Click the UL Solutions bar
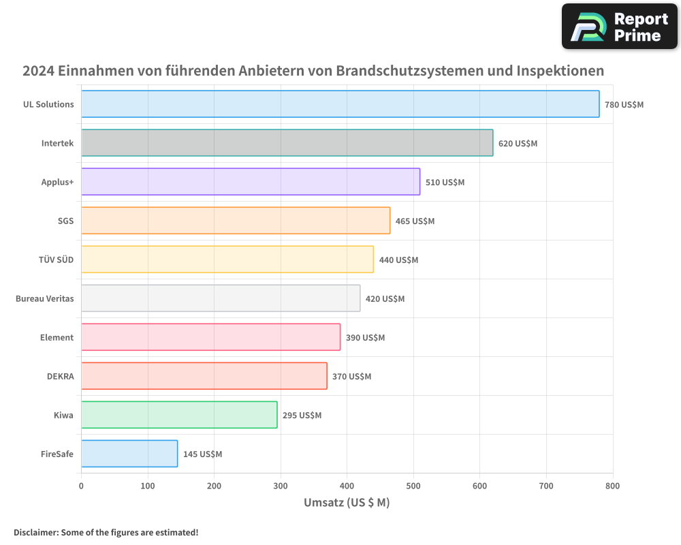click(340, 104)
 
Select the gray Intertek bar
click(287, 143)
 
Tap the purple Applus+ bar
click(251, 182)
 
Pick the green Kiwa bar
click(179, 415)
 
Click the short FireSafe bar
click(129, 454)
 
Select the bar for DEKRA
click(204, 376)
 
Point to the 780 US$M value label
click(624, 105)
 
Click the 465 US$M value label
click(415, 221)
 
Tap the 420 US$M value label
click(385, 299)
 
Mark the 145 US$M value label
click(202, 454)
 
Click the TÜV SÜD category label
click(56, 260)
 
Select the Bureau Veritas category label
click(44, 298)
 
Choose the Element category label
click(57, 337)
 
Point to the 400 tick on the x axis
click(347, 486)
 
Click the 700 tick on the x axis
click(546, 486)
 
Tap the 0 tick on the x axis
click(81, 486)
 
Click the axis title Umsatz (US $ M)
click(347, 503)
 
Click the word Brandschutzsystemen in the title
click(414, 71)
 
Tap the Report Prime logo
click(619, 27)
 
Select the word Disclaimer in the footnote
click(35, 532)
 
